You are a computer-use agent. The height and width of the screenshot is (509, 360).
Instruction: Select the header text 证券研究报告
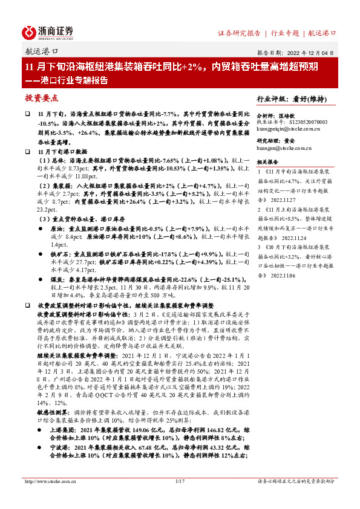click(239, 33)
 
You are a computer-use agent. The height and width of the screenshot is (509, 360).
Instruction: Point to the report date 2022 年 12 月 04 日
click(306, 53)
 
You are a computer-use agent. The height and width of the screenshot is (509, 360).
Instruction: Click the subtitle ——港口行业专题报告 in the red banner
click(67, 80)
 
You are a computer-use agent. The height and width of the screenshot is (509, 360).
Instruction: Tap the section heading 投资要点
click(41, 98)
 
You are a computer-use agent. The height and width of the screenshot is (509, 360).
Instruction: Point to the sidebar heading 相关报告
click(267, 162)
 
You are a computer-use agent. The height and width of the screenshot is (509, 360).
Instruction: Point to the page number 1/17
click(179, 498)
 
